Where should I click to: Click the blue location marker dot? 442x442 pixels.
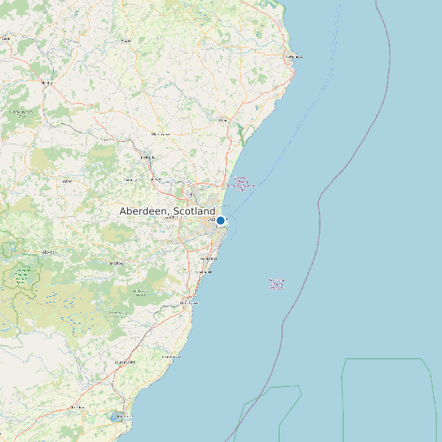(x=220, y=220)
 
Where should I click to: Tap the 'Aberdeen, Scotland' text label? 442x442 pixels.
(x=167, y=211)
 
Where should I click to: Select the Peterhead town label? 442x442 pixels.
(x=294, y=56)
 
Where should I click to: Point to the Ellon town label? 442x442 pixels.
(x=223, y=120)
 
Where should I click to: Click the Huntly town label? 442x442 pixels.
(x=46, y=82)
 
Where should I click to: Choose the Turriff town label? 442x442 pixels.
(x=126, y=40)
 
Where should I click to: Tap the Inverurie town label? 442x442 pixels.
(x=148, y=157)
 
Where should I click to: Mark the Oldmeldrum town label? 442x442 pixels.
(x=160, y=133)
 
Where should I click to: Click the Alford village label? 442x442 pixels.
(x=67, y=180)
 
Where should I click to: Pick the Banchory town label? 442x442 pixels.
(x=116, y=263)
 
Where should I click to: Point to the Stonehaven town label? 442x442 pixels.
(x=188, y=303)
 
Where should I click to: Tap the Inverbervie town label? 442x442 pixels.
(x=171, y=356)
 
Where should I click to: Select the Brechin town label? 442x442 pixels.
(x=77, y=406)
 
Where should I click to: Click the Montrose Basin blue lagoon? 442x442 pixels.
(x=113, y=417)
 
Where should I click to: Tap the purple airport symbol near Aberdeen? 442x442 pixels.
(x=191, y=194)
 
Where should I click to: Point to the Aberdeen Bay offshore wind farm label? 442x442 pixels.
(x=241, y=184)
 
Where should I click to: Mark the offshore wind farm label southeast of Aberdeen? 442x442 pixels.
(x=277, y=284)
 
